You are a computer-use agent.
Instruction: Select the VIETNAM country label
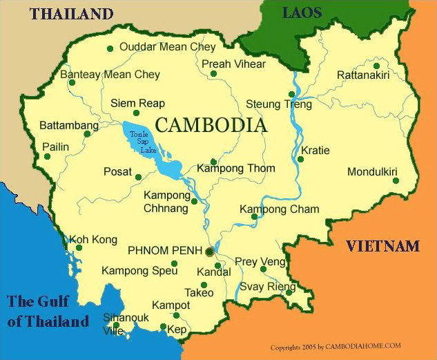coord(382,246)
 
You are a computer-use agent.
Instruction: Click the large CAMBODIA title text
coord(211,125)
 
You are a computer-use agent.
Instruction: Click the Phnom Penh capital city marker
coord(209,252)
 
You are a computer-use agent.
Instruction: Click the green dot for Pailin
coord(47,156)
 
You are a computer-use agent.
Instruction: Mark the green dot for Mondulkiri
coord(396,181)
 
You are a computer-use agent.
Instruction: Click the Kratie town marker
coord(300,160)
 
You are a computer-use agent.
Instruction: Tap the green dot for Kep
coord(163,328)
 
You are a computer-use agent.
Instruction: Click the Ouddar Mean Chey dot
coord(110,48)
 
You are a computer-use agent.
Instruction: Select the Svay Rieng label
coord(267,287)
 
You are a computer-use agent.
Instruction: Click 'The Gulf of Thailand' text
coord(48,311)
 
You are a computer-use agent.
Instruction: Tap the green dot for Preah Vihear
coord(213,73)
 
